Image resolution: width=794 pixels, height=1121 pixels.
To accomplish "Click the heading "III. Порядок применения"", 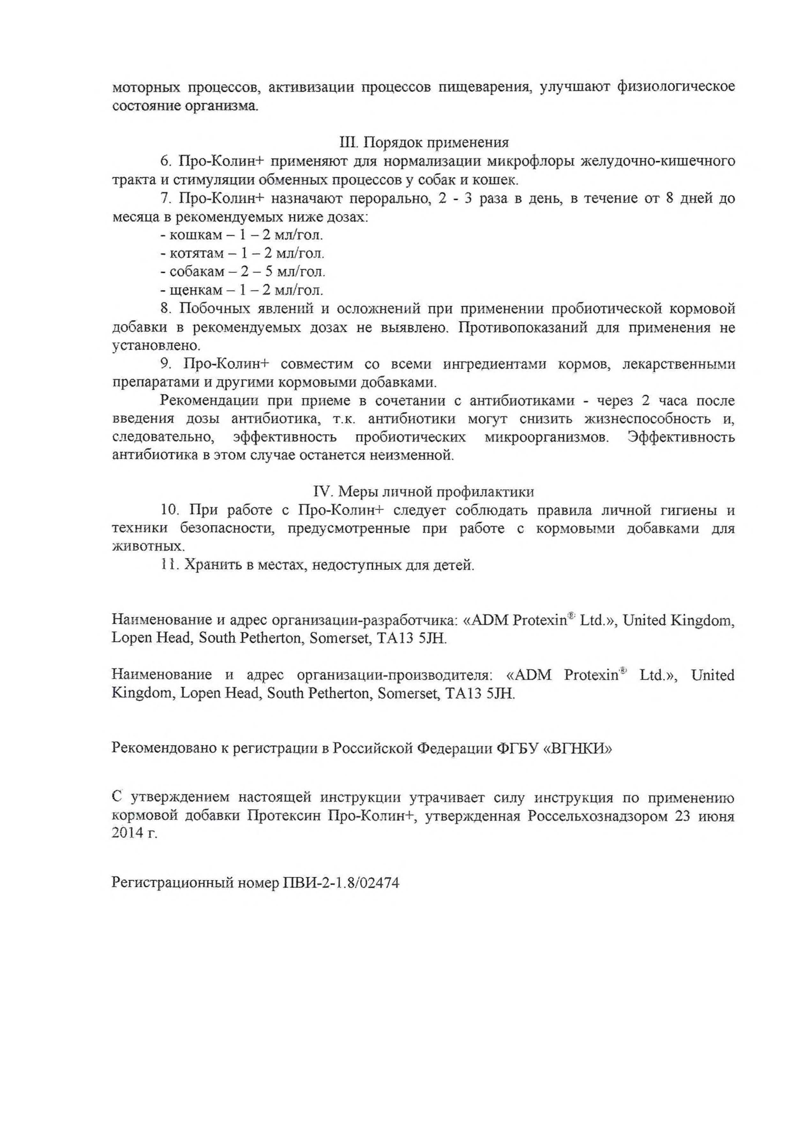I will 423,142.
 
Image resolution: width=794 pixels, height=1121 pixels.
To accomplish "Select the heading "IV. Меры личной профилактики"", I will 423,491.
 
